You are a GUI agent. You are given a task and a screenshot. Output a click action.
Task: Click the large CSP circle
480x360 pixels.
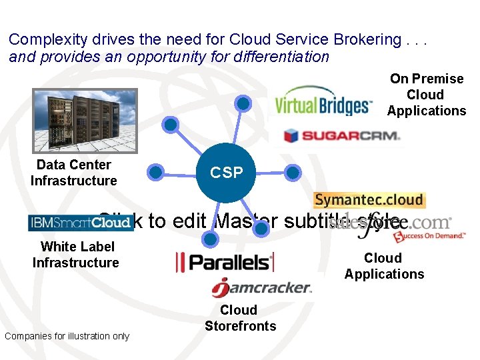coord(227,173)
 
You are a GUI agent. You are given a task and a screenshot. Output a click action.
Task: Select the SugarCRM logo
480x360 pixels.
coord(341,136)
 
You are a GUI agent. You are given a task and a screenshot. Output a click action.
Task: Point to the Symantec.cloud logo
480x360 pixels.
coord(369,200)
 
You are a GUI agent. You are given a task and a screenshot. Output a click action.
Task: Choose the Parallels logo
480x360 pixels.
coord(225,262)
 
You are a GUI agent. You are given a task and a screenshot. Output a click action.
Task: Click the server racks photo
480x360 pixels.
coord(85,121)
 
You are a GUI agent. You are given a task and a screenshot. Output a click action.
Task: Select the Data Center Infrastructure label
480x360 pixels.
coord(73,173)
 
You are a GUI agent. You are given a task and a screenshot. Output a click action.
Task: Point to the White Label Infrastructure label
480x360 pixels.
coord(75,255)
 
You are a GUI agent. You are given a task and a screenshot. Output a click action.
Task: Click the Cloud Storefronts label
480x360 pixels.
coord(240,318)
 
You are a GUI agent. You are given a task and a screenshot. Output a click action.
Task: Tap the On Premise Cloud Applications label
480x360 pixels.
coord(427,95)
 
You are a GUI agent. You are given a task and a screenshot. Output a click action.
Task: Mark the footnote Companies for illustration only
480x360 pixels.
coord(67,336)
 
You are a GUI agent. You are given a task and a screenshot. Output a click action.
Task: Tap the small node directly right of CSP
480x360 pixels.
coord(293,173)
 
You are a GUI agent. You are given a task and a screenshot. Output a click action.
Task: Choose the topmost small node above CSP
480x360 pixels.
coord(244,103)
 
